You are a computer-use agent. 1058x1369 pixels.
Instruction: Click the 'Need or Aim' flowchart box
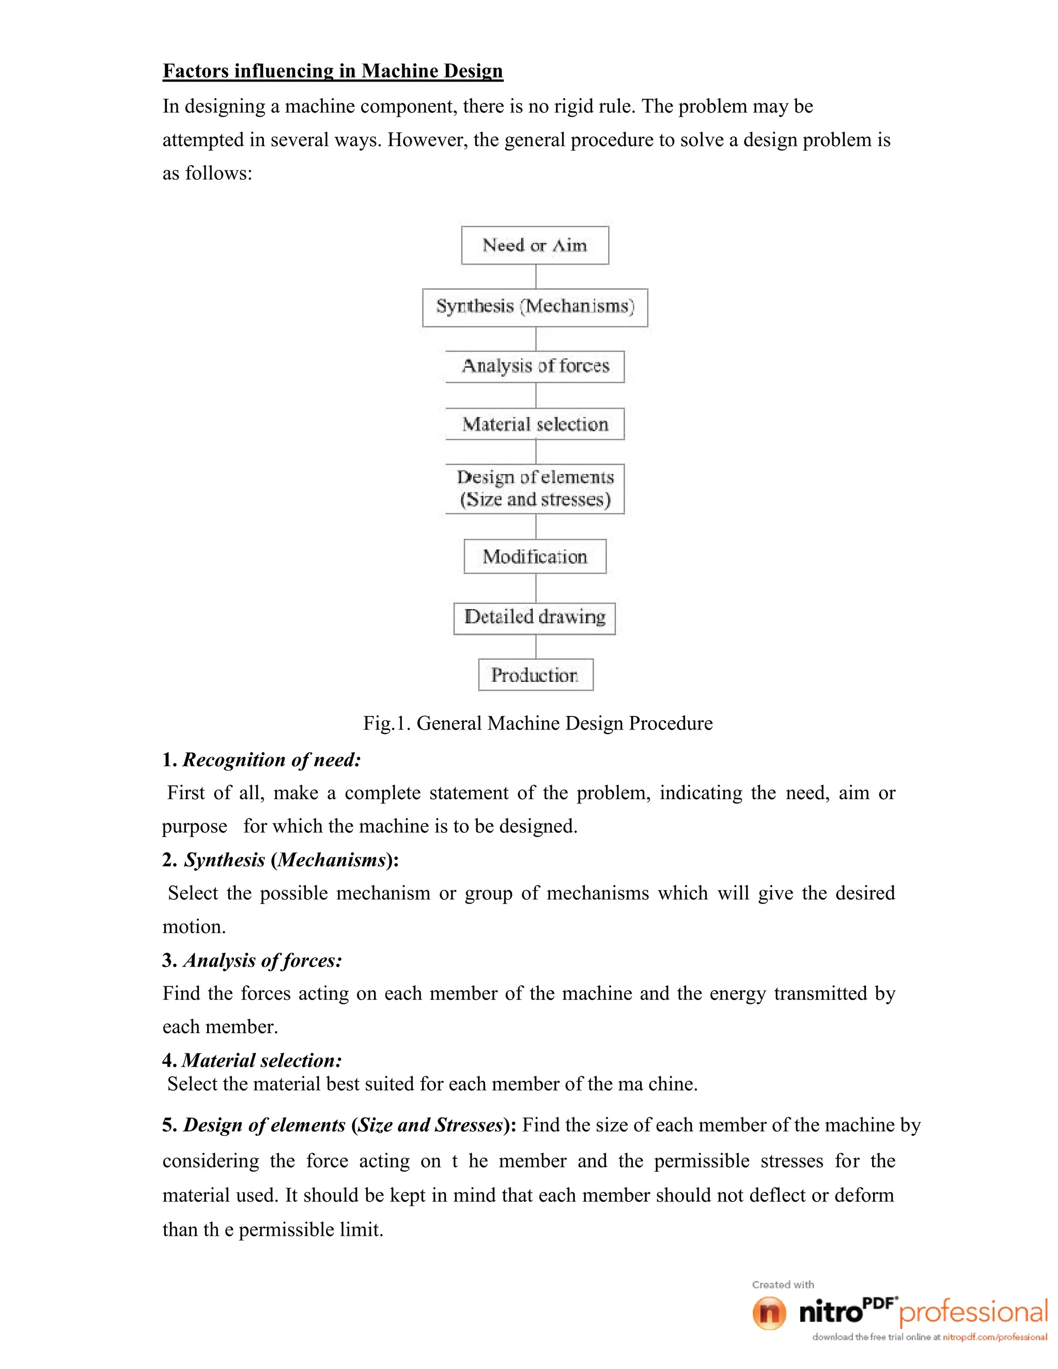[x=535, y=245]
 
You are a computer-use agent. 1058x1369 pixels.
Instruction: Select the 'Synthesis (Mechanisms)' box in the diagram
[x=535, y=307]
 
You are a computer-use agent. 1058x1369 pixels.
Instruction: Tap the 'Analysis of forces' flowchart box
[x=535, y=366]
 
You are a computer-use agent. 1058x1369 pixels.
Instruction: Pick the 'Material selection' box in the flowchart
[x=535, y=424]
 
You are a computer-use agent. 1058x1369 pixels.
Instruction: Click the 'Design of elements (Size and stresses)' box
[x=535, y=488]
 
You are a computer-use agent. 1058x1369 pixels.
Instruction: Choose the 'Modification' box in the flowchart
[x=535, y=556]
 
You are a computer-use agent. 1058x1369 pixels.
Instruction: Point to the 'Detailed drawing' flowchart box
[x=535, y=618]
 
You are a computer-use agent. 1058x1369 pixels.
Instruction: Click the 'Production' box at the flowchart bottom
[x=535, y=675]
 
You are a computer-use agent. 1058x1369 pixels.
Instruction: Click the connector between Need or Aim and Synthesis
[x=536, y=276]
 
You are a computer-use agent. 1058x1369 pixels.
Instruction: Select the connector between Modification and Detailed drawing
[x=536, y=588]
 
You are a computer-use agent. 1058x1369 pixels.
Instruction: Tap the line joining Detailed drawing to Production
[x=536, y=646]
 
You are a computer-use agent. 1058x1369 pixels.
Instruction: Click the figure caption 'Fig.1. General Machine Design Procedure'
[x=538, y=723]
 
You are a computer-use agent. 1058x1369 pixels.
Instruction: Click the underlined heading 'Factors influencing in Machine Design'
[x=333, y=71]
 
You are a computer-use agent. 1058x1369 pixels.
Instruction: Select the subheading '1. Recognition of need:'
[x=261, y=760]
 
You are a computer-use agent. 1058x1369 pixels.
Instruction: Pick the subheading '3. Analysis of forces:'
[x=252, y=960]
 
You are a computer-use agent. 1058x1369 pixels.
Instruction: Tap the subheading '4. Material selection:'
[x=252, y=1061]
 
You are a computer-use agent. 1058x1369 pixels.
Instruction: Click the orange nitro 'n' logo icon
[x=769, y=1313]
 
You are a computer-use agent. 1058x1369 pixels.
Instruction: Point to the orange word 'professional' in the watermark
[x=973, y=1313]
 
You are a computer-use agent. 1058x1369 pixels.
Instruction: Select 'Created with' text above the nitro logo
[x=783, y=1284]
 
